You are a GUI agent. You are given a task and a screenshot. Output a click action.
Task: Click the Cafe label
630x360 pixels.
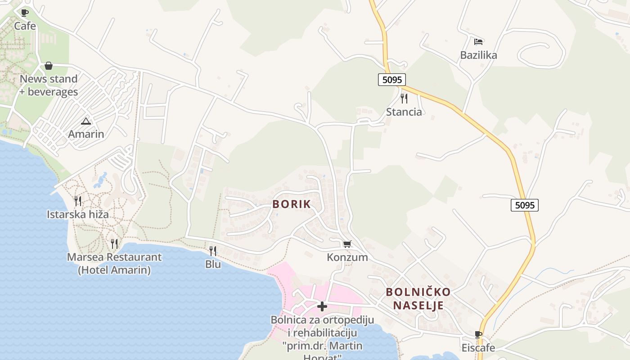point(25,26)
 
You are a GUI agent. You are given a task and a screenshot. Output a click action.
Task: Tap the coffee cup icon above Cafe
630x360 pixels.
point(25,13)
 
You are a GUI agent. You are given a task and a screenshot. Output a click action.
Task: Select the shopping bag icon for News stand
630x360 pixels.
point(49,66)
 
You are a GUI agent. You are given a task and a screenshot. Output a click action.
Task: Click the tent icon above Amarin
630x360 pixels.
point(86,121)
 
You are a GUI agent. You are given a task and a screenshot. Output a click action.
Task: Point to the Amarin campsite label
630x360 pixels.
point(86,134)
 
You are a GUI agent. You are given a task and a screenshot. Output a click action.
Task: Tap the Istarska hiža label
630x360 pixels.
point(78,214)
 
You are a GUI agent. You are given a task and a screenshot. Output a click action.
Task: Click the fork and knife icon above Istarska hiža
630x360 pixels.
point(78,201)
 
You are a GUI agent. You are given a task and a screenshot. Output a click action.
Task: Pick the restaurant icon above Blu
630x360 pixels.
point(213,251)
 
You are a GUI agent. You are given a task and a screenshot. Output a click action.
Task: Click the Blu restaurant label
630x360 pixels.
point(213,264)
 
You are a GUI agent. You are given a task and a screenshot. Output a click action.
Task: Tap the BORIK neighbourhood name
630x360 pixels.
point(292,204)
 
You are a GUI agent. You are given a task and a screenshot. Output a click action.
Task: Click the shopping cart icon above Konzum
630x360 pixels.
point(347,244)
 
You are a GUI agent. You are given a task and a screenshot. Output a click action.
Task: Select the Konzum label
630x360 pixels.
point(347,257)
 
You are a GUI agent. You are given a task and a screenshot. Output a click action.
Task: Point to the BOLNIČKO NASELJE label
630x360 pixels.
point(418,299)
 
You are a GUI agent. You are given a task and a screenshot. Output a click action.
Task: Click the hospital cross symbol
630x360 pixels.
point(322,306)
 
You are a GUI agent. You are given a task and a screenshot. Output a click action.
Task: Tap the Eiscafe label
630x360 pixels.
point(478,348)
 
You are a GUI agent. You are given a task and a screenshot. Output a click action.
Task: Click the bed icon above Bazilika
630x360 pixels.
point(478,42)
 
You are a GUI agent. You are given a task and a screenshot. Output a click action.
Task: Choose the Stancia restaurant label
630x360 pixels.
point(404,112)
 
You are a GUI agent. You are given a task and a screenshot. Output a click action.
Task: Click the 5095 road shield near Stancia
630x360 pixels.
point(391,80)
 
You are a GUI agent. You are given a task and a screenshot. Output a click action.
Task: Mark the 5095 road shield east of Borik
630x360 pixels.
point(525,205)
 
